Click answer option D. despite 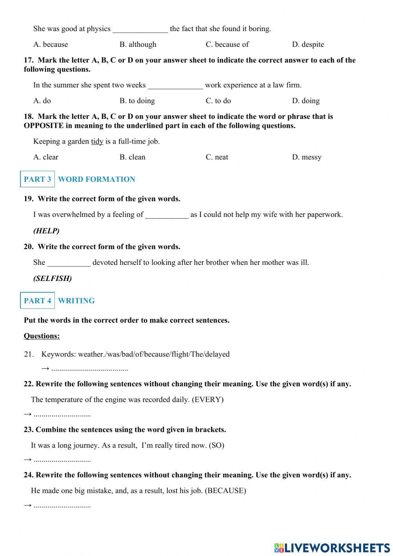click(x=308, y=44)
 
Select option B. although click(x=138, y=44)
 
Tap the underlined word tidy click(x=97, y=141)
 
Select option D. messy click(x=307, y=157)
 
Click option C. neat click(x=217, y=157)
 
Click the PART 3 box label click(x=37, y=179)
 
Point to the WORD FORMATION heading click(x=96, y=179)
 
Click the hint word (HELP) click(x=46, y=231)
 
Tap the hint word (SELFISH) click(x=52, y=279)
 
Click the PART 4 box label click(x=37, y=301)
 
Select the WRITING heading click(x=76, y=301)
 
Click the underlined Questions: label click(x=42, y=336)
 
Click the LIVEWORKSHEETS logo click(x=332, y=547)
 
